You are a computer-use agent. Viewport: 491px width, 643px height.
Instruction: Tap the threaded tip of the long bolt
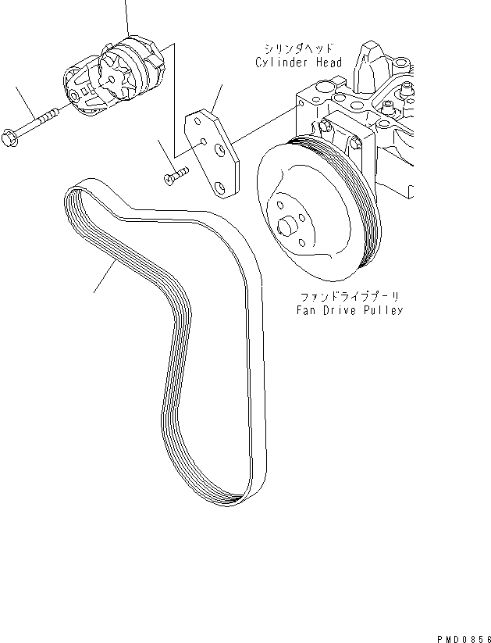[x=56, y=112]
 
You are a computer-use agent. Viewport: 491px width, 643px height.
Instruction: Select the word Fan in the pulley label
[x=305, y=310]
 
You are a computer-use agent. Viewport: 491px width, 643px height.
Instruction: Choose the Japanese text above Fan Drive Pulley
[x=348, y=297]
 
